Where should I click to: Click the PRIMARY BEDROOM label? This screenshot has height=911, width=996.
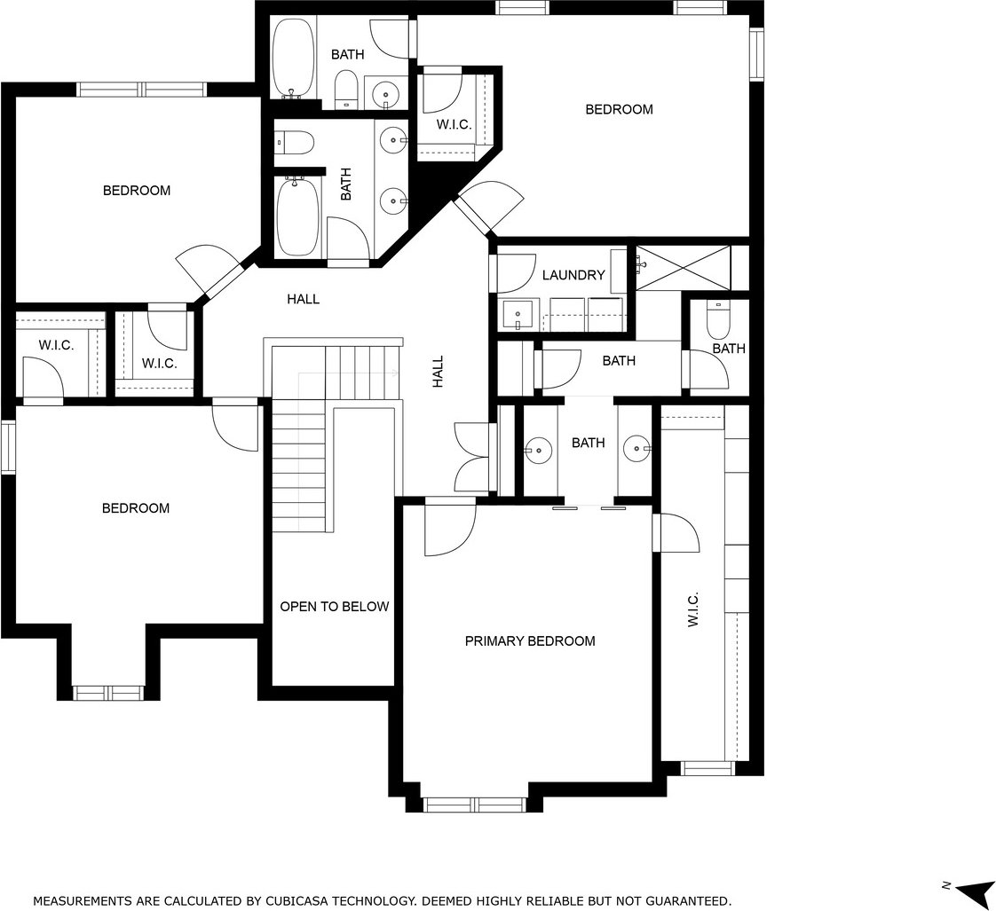[x=530, y=641]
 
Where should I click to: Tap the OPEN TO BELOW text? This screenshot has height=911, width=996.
[x=334, y=607]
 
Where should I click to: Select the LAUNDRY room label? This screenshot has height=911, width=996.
[x=573, y=275]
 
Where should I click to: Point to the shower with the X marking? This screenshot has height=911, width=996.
[x=683, y=267]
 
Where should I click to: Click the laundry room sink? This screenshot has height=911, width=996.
[x=519, y=315]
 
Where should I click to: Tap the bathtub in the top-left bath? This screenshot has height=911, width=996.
[x=294, y=59]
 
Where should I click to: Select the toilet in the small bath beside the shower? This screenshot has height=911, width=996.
[x=719, y=319]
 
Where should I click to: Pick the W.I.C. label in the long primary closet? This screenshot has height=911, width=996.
[x=693, y=609]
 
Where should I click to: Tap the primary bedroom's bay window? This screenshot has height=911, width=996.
[x=475, y=805]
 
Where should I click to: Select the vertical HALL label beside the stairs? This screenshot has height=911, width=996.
[x=439, y=372]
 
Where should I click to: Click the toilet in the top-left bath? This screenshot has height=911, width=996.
[x=346, y=89]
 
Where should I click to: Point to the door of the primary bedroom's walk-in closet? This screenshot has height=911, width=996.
[x=676, y=532]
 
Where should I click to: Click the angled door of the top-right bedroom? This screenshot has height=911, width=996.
[x=488, y=207]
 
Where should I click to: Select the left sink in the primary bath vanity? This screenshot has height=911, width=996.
[x=540, y=450]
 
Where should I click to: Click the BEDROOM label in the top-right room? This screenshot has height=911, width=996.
[x=619, y=109]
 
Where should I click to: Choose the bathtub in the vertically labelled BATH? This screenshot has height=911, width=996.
[x=297, y=216]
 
